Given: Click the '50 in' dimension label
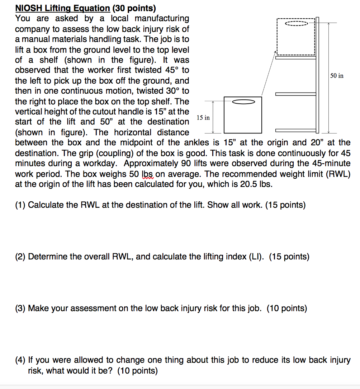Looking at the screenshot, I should click(x=337, y=76).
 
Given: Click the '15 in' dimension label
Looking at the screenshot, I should click(x=203, y=118).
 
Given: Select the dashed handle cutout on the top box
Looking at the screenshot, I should click(x=296, y=24).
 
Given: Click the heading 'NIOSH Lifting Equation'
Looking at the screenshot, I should click(x=62, y=8).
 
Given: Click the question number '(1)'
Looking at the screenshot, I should click(x=21, y=205).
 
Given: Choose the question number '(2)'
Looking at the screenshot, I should click(x=21, y=257).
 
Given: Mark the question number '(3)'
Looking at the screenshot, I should click(x=21, y=308).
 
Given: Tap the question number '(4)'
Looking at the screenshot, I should click(x=21, y=360).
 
